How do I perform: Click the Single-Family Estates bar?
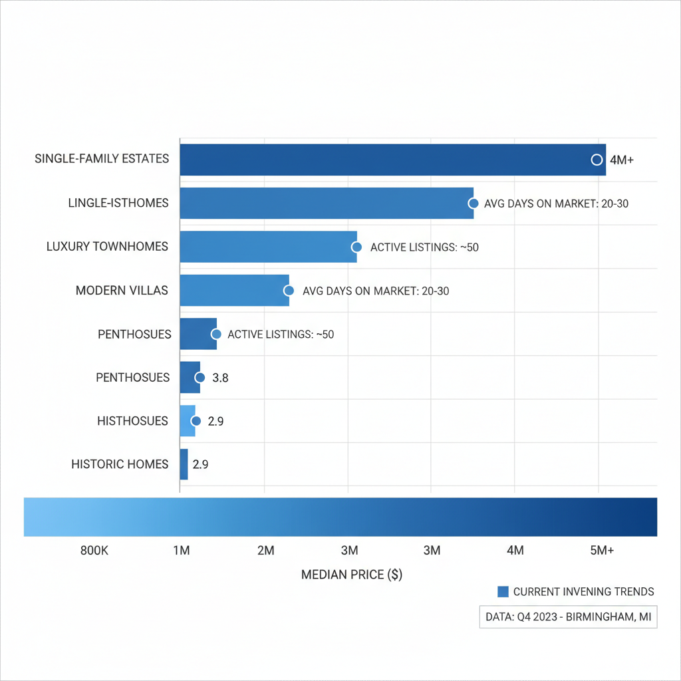[392, 160]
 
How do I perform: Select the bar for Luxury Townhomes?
[268, 247]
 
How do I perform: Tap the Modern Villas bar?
[234, 291]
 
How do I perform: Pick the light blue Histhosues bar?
[187, 421]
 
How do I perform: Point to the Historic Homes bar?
[184, 464]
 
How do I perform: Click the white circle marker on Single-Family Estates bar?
[597, 160]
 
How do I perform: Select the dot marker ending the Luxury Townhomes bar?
[356, 247]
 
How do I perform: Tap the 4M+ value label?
[622, 160]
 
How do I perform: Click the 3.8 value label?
[220, 378]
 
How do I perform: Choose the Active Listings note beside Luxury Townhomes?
[424, 247]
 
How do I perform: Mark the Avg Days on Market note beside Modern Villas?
[376, 291]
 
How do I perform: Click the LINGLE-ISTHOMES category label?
[118, 203]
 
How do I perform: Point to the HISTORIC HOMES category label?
[120, 464]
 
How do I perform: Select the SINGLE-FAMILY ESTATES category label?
[102, 160]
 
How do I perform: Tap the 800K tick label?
[94, 551]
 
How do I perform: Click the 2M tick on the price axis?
[265, 551]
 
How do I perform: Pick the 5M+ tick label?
[603, 551]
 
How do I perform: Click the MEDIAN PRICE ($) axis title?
[352, 575]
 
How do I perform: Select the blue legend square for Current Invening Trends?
[503, 592]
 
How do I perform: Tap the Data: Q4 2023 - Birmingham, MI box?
[568, 617]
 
